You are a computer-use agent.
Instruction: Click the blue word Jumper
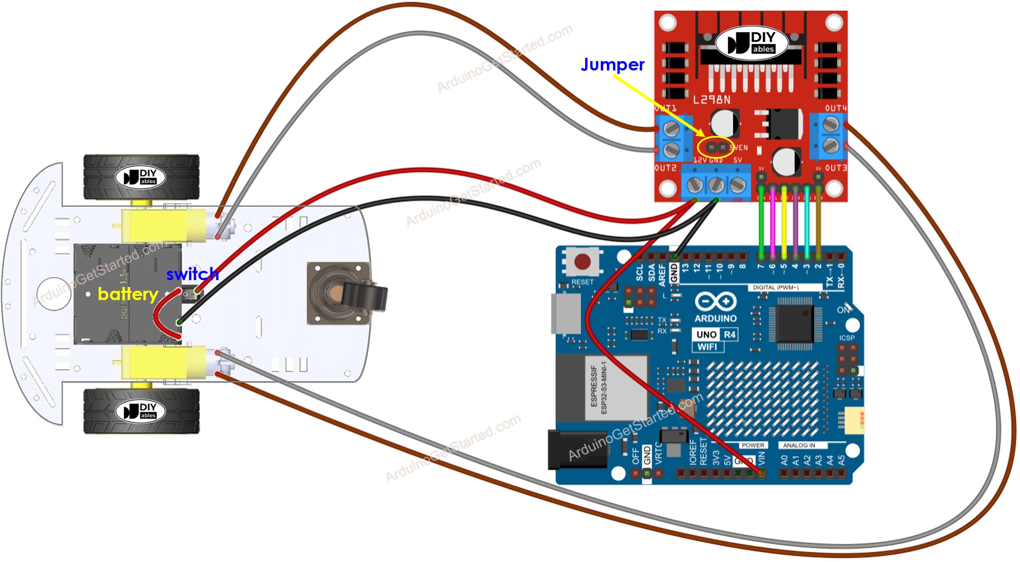coord(612,65)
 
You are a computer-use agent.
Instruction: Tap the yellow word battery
coord(127,294)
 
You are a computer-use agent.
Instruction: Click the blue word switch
coord(192,274)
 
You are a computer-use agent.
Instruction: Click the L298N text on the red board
coord(711,100)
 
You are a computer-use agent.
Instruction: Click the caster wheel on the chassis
coord(346,293)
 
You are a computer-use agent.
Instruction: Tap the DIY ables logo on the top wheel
coord(141,177)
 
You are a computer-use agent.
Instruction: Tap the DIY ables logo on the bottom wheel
coord(141,411)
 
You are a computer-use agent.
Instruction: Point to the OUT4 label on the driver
coord(836,108)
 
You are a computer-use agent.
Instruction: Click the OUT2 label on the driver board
coord(666,168)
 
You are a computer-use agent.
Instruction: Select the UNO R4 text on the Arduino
coord(716,334)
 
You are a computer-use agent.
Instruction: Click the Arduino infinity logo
coord(716,302)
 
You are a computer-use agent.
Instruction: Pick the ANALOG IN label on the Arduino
coord(799,445)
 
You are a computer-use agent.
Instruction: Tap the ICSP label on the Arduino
coord(847,338)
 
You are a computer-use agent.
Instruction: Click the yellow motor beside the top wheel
coord(164,225)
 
